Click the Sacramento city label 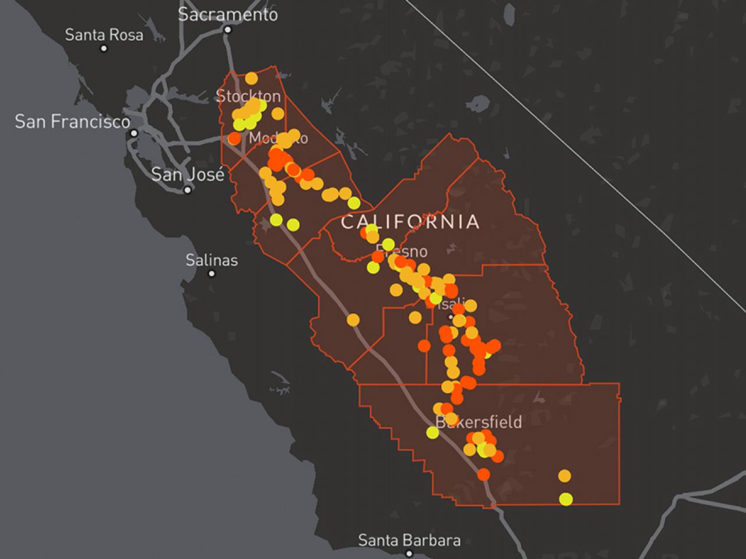[227, 14]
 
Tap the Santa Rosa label [104, 35]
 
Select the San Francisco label [72, 122]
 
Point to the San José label [188, 174]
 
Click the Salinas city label [212, 260]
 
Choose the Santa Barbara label [409, 540]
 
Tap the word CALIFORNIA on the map [410, 222]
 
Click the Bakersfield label [478, 422]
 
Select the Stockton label [248, 96]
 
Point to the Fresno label [402, 252]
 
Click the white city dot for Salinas [212, 274]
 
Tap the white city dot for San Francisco [134, 133]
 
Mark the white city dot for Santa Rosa [104, 48]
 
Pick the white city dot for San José [187, 190]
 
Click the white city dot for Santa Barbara [409, 554]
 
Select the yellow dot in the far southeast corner [565, 499]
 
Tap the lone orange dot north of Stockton [251, 78]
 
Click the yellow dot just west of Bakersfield [432, 432]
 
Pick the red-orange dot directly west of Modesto [234, 139]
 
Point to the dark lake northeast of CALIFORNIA [478, 104]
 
